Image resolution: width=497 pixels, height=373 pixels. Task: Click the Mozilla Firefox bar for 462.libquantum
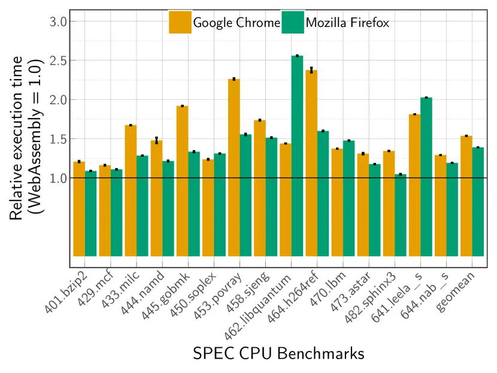pos(297,156)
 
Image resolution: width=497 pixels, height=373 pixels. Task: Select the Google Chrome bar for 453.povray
pos(234,168)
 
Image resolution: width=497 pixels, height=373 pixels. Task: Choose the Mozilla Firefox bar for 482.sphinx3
pos(401,216)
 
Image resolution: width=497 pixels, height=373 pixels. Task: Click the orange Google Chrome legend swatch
pos(180,23)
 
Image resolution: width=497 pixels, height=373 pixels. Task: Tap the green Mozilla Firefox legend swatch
pos(292,23)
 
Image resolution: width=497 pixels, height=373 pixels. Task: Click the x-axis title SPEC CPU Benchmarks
pos(278,353)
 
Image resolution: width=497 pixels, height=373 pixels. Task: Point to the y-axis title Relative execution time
pos(18,138)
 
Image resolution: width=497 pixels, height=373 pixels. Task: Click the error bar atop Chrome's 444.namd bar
pos(156,140)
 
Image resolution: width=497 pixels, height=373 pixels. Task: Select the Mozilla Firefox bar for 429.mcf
pos(117,213)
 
